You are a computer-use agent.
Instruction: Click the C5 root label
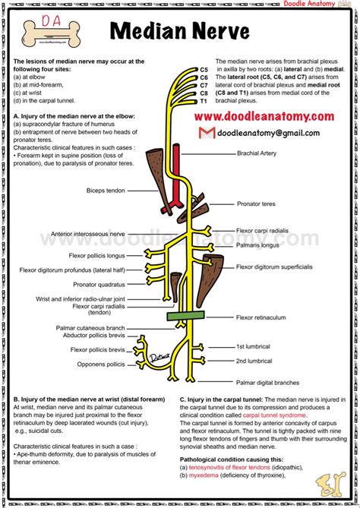tap(204, 70)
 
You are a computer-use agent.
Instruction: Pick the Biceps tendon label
tap(106, 191)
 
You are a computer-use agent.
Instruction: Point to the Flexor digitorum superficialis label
tap(275, 267)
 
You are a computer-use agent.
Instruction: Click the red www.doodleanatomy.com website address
tap(263, 116)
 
